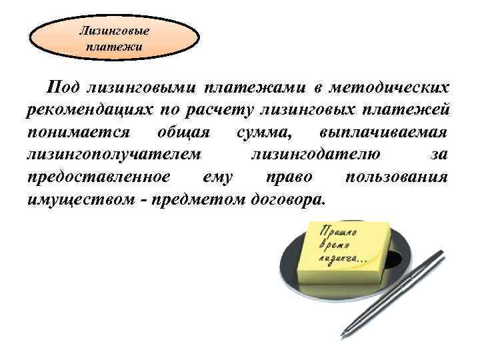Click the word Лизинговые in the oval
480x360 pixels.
click(115, 30)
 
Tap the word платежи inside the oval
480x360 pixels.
click(115, 47)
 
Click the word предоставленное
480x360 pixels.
click(99, 177)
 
